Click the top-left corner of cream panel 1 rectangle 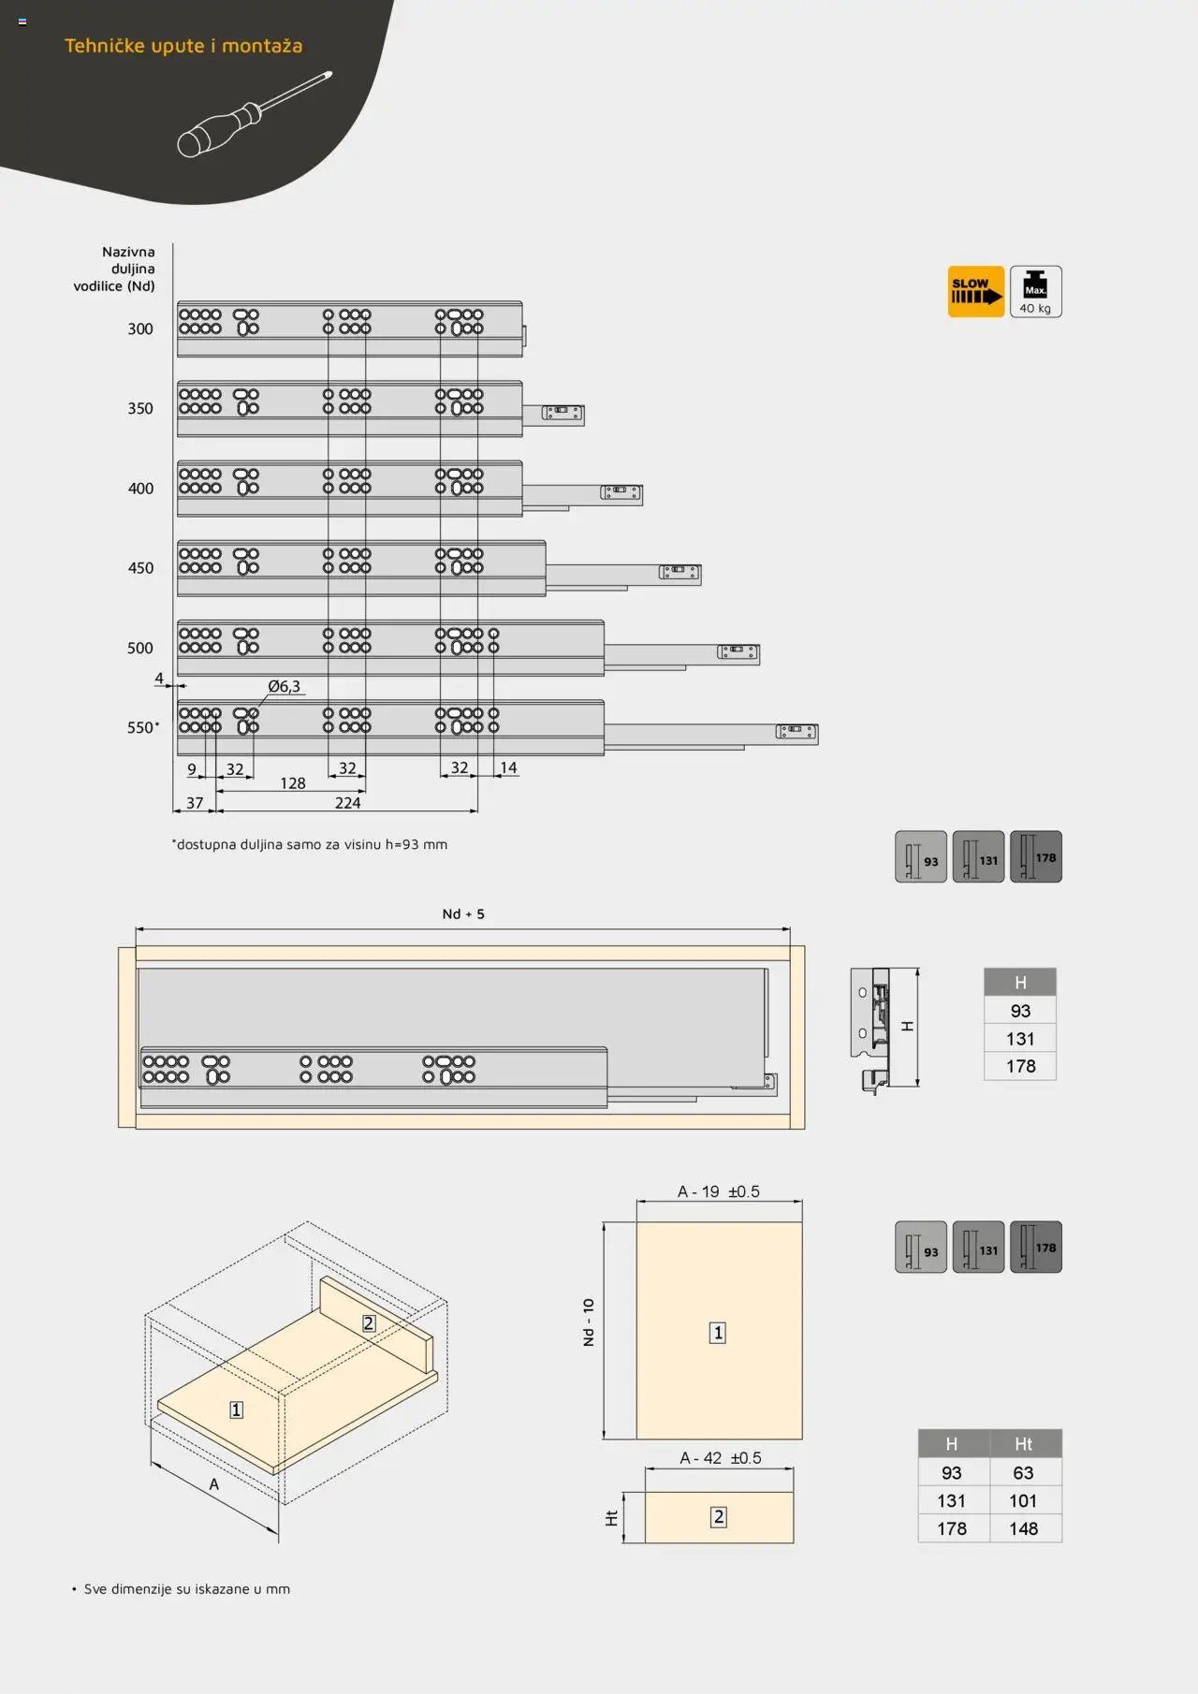636,1222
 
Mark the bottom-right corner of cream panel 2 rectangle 794,1543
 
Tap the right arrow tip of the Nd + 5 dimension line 790,929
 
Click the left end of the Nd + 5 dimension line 136,929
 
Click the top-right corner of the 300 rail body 522,302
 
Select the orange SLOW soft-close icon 975,291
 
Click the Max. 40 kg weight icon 1035,291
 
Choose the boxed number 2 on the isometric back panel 369,1323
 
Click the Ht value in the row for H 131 1023,1500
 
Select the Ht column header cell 1024,1444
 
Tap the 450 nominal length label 140,568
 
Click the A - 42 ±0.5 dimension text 721,1458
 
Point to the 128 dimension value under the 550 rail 293,783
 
